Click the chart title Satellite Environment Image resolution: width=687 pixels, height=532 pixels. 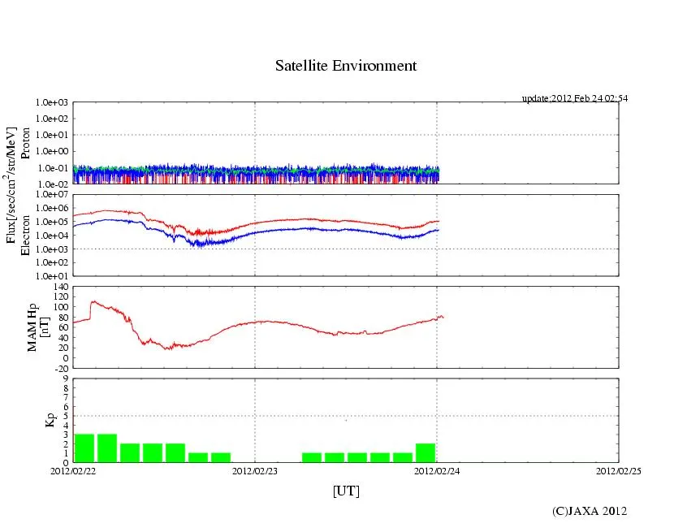[x=346, y=66]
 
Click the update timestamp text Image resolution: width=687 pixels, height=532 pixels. [x=574, y=98]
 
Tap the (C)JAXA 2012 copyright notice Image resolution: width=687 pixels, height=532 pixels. [x=590, y=511]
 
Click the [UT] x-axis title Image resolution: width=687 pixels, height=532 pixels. [x=346, y=491]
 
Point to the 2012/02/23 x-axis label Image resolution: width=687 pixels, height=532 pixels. [x=255, y=470]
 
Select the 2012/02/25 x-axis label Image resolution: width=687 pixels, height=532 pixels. [x=619, y=470]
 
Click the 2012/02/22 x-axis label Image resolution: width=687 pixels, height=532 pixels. [x=73, y=470]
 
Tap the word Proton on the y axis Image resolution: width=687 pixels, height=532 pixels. [x=26, y=143]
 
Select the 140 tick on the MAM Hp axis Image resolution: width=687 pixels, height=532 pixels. [x=61, y=287]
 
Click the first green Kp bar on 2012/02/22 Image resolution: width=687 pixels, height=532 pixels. [x=84, y=448]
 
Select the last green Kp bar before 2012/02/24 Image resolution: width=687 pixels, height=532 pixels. [x=426, y=452]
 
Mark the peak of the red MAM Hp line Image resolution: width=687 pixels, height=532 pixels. [x=93, y=301]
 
